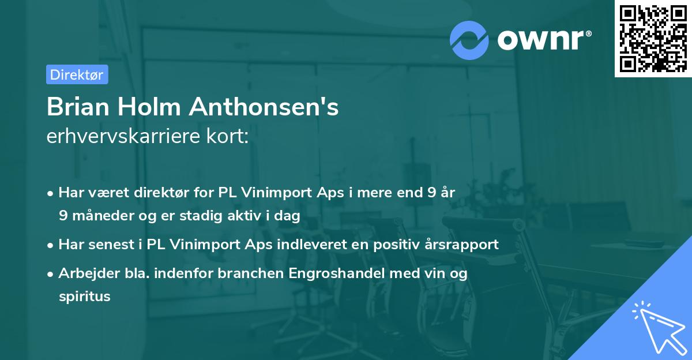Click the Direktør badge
77,74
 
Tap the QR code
653,39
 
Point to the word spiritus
84,297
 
